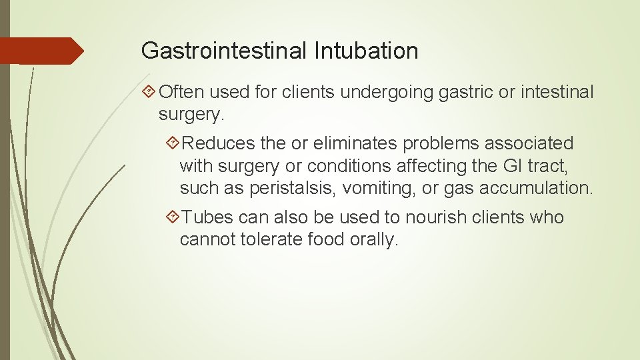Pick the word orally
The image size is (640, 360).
pos(374,239)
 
